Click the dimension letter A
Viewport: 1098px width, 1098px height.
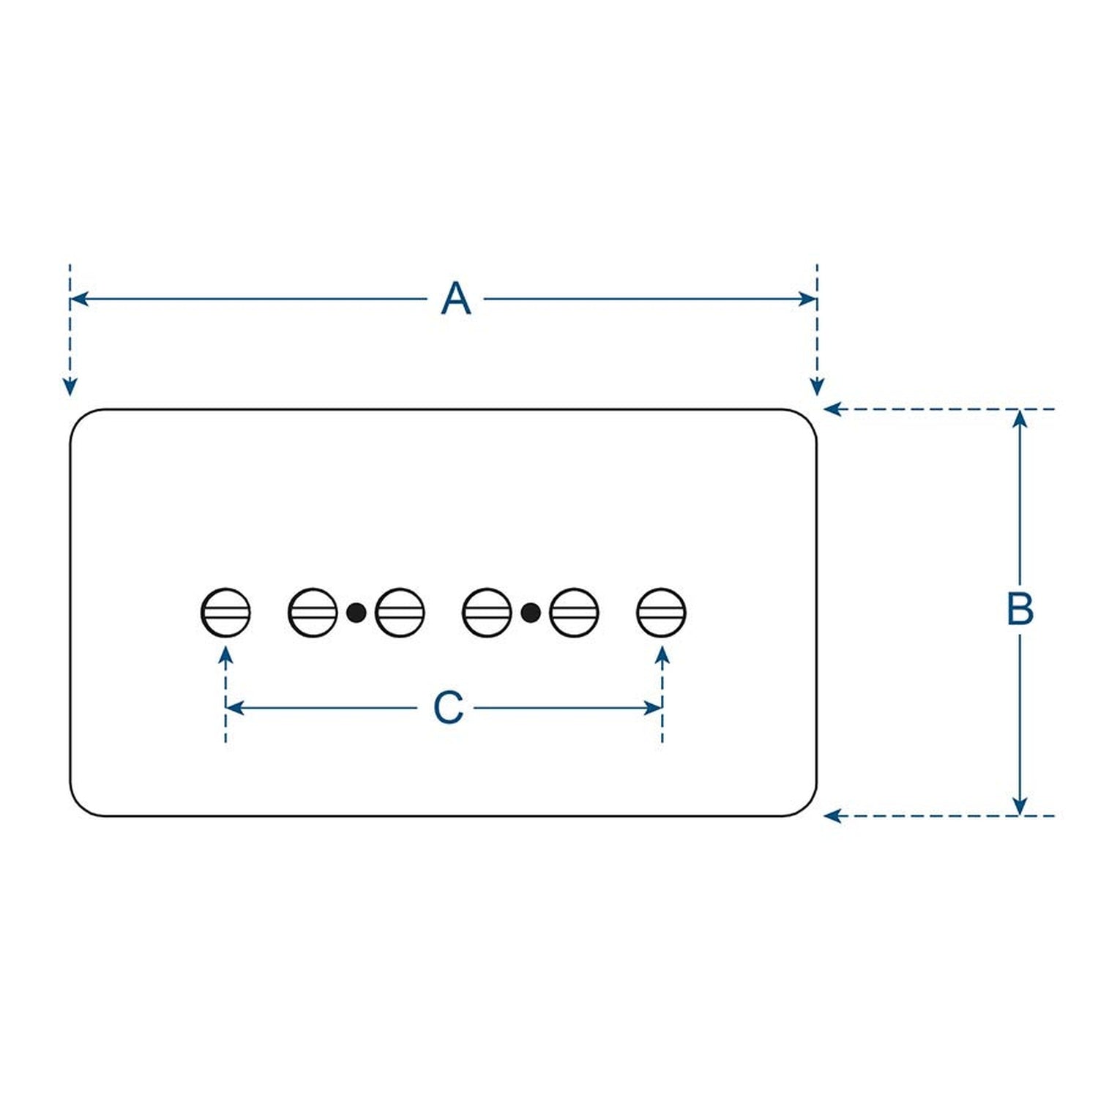point(456,299)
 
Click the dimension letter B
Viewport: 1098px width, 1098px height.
point(1020,609)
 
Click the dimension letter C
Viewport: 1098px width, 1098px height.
point(448,708)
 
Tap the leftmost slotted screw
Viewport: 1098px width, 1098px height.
point(225,612)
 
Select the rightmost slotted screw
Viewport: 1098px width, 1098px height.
point(661,612)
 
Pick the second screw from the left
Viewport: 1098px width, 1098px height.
point(313,612)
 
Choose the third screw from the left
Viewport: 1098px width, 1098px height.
point(400,612)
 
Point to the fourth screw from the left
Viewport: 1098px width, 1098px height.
point(487,612)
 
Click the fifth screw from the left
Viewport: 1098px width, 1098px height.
point(574,612)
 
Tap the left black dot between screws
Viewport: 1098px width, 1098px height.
point(356,612)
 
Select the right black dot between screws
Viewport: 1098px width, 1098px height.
point(531,612)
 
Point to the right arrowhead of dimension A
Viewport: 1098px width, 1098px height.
point(807,299)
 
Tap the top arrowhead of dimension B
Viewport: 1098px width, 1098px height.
point(1020,419)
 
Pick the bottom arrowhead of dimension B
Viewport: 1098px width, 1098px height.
point(1020,806)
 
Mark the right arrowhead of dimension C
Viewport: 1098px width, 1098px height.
point(652,708)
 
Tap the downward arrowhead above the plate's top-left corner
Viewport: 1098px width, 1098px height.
point(70,386)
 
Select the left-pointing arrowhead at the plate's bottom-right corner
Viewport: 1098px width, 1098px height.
point(833,815)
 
